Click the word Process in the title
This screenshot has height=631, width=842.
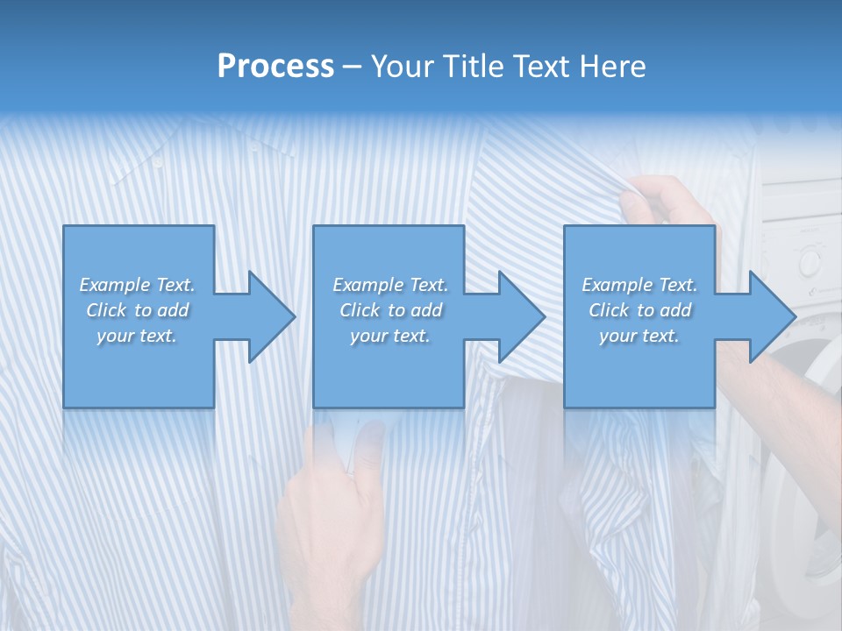pyautogui.click(x=275, y=67)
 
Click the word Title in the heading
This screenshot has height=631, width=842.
pyautogui.click(x=472, y=67)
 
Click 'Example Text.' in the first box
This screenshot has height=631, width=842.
pyautogui.click(x=137, y=285)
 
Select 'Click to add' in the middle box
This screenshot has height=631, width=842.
pyautogui.click(x=390, y=310)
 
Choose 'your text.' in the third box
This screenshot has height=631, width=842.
pyautogui.click(x=639, y=336)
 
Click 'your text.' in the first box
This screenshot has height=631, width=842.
pyautogui.click(x=137, y=336)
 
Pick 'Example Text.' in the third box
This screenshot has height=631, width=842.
pyautogui.click(x=639, y=285)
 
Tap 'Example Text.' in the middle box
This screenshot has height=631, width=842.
pyautogui.click(x=390, y=285)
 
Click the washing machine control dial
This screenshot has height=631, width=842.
pyautogui.click(x=809, y=260)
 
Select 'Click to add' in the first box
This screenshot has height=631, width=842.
pyautogui.click(x=137, y=310)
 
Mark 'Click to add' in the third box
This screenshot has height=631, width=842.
pyautogui.click(x=639, y=310)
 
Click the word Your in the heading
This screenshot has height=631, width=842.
pyautogui.click(x=404, y=67)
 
